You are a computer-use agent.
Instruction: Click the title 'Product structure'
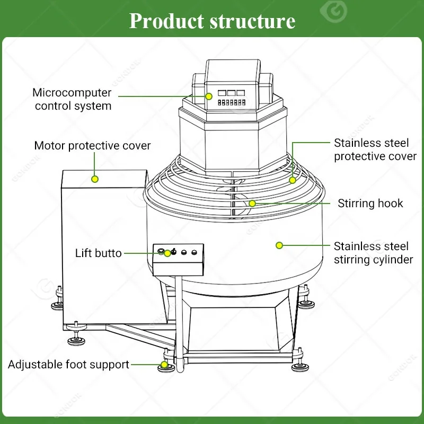tap(212, 21)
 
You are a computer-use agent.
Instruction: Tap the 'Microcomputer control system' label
tap(72, 99)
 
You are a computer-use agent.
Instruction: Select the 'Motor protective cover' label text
tap(92, 145)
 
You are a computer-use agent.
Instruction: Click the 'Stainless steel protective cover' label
tap(375, 149)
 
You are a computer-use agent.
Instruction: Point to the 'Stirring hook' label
tap(370, 204)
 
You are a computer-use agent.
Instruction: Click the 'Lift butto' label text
tap(98, 253)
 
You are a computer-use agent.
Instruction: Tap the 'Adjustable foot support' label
tap(68, 365)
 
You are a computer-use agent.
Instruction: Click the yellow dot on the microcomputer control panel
tap(209, 96)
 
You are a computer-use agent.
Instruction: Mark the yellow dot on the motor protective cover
tap(95, 179)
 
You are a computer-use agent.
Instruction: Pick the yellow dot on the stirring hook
tap(252, 203)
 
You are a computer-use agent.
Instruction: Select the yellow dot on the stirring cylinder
tap(279, 245)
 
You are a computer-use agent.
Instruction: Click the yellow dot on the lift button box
tap(167, 253)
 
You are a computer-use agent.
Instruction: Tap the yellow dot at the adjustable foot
tap(164, 365)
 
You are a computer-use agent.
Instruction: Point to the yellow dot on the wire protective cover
tap(292, 180)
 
